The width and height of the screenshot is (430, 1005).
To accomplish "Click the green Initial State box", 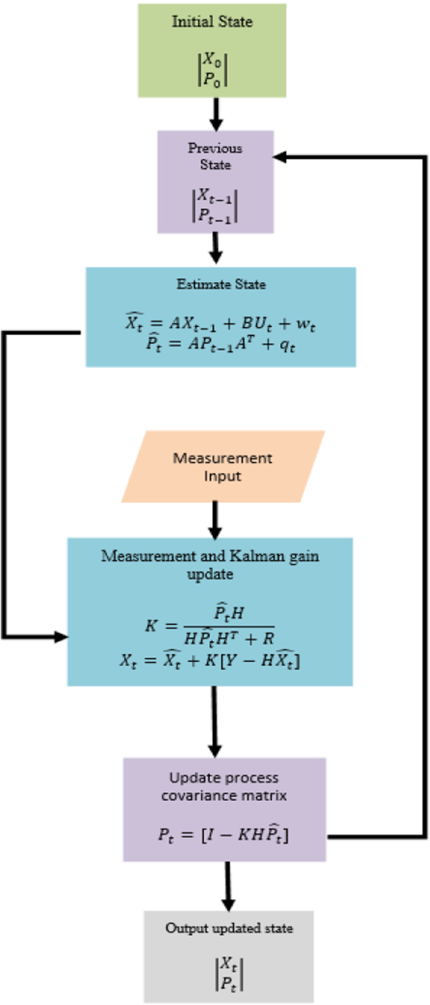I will click(x=212, y=50).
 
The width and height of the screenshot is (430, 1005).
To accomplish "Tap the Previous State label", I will click(x=215, y=156).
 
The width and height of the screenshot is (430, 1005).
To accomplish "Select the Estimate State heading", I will click(x=221, y=284).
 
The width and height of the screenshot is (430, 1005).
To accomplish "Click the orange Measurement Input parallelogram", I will click(x=222, y=466).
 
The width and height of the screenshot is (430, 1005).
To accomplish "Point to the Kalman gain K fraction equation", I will click(x=210, y=625).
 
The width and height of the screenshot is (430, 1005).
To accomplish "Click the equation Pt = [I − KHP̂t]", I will click(x=223, y=835).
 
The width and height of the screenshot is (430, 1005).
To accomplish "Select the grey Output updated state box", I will click(x=228, y=956).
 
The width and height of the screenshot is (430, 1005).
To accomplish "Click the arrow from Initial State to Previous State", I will click(x=215, y=114).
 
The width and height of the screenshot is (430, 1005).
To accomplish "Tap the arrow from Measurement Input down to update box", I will click(x=215, y=520).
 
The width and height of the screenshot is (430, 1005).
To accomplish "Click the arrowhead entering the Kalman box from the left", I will click(x=61, y=637).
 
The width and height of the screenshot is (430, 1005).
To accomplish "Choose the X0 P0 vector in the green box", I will click(x=212, y=70).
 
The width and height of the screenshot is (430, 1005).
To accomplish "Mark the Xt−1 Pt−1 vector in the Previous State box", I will click(x=215, y=205).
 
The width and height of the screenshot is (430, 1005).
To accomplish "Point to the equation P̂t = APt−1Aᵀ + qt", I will click(x=221, y=344).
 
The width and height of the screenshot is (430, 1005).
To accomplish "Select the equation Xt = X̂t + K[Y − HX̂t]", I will click(x=210, y=660).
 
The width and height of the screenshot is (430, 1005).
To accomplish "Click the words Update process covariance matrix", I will click(x=224, y=787).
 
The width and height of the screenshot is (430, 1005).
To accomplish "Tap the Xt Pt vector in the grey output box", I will click(x=228, y=974).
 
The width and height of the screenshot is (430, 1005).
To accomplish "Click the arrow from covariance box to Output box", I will click(x=228, y=886).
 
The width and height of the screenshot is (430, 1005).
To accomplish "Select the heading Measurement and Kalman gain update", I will click(x=210, y=564).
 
